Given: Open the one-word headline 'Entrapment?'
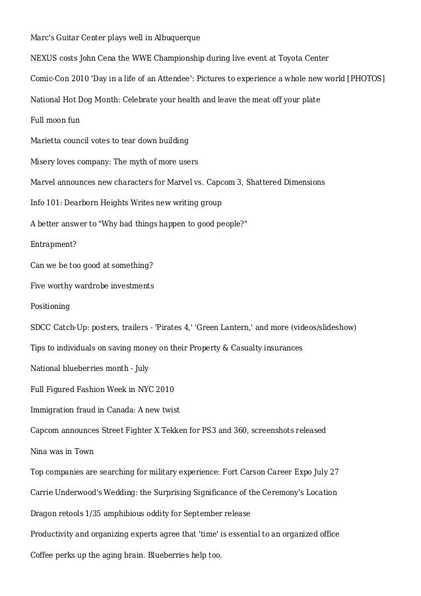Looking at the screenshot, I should click(x=53, y=244).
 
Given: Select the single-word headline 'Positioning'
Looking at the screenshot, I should click(x=50, y=306).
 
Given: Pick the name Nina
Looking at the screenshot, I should click(x=40, y=451).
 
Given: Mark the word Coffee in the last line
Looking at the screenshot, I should click(x=43, y=555).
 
